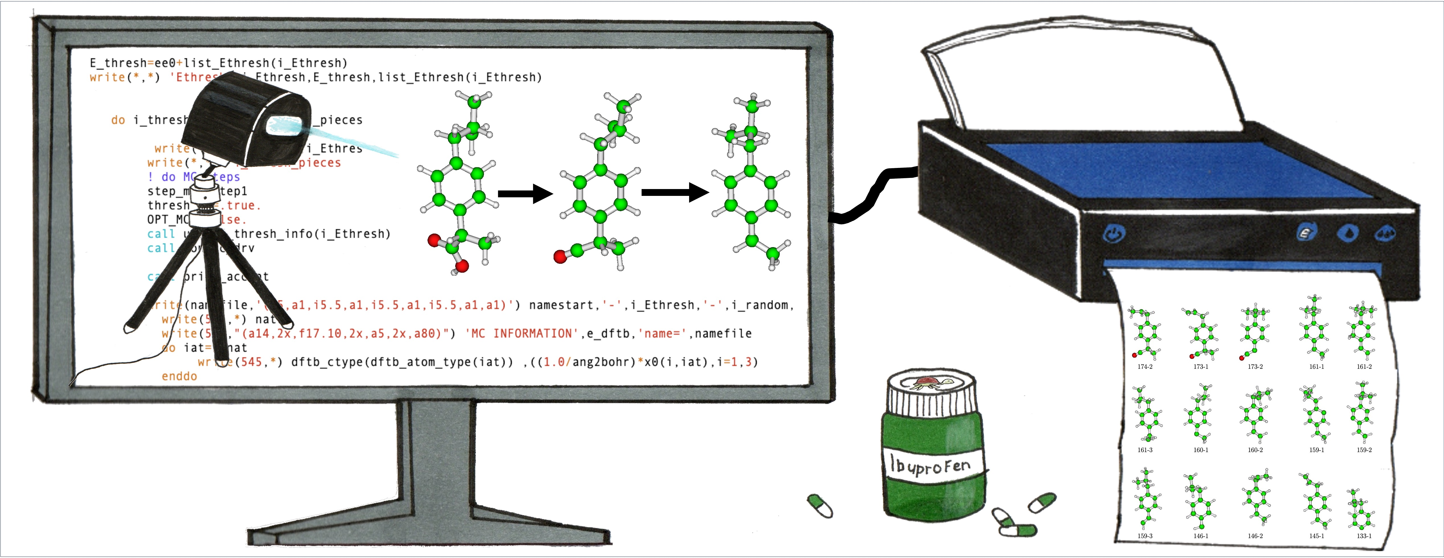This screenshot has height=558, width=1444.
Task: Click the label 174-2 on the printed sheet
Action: [x=1145, y=367]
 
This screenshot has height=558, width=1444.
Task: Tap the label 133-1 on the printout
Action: [x=1364, y=536]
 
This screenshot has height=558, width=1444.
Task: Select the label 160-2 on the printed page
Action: [x=1255, y=450]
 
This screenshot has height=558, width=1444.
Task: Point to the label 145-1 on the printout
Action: [x=1316, y=536]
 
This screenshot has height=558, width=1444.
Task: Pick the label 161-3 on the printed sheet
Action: [x=1145, y=450]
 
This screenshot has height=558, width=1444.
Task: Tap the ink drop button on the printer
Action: [x=1348, y=233]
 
